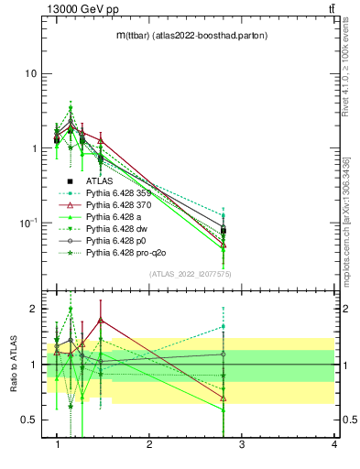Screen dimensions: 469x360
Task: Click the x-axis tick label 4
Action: (333, 444)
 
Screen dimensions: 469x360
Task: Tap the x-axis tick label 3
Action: (241, 444)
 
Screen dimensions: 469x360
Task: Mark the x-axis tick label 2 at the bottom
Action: (149, 444)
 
